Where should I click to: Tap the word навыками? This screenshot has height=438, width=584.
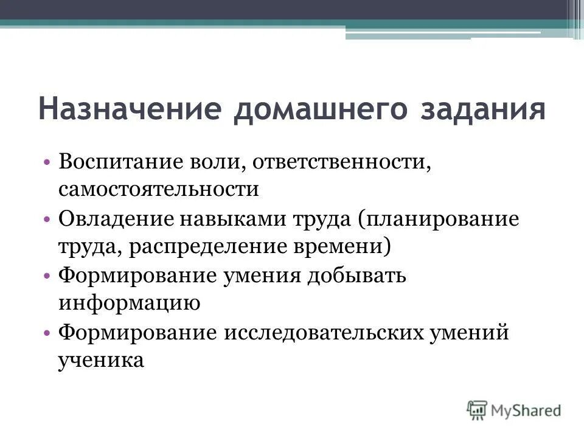[x=224, y=219]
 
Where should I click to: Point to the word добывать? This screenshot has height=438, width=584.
[x=356, y=276]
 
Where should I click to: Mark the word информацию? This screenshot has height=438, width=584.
[x=129, y=304]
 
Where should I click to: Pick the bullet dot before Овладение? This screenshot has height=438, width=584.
[x=47, y=220]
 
